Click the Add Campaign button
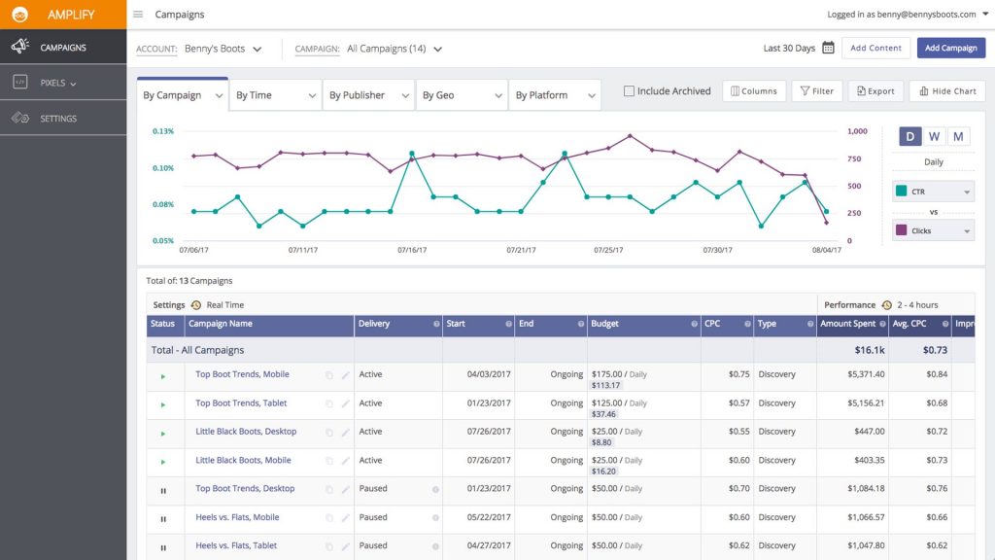click(x=951, y=48)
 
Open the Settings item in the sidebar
click(x=58, y=119)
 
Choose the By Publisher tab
click(x=367, y=95)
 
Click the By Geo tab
click(x=461, y=95)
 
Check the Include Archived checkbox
click(x=629, y=91)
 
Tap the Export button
click(x=875, y=91)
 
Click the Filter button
click(x=816, y=91)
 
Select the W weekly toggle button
click(x=934, y=136)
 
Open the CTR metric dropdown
click(x=933, y=192)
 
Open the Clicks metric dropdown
click(x=933, y=231)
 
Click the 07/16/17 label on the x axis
click(x=412, y=250)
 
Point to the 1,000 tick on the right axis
click(x=857, y=131)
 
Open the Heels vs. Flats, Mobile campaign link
click(x=237, y=517)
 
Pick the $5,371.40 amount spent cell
click(x=852, y=374)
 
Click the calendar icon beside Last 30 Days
click(x=828, y=48)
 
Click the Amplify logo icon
click(x=17, y=15)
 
